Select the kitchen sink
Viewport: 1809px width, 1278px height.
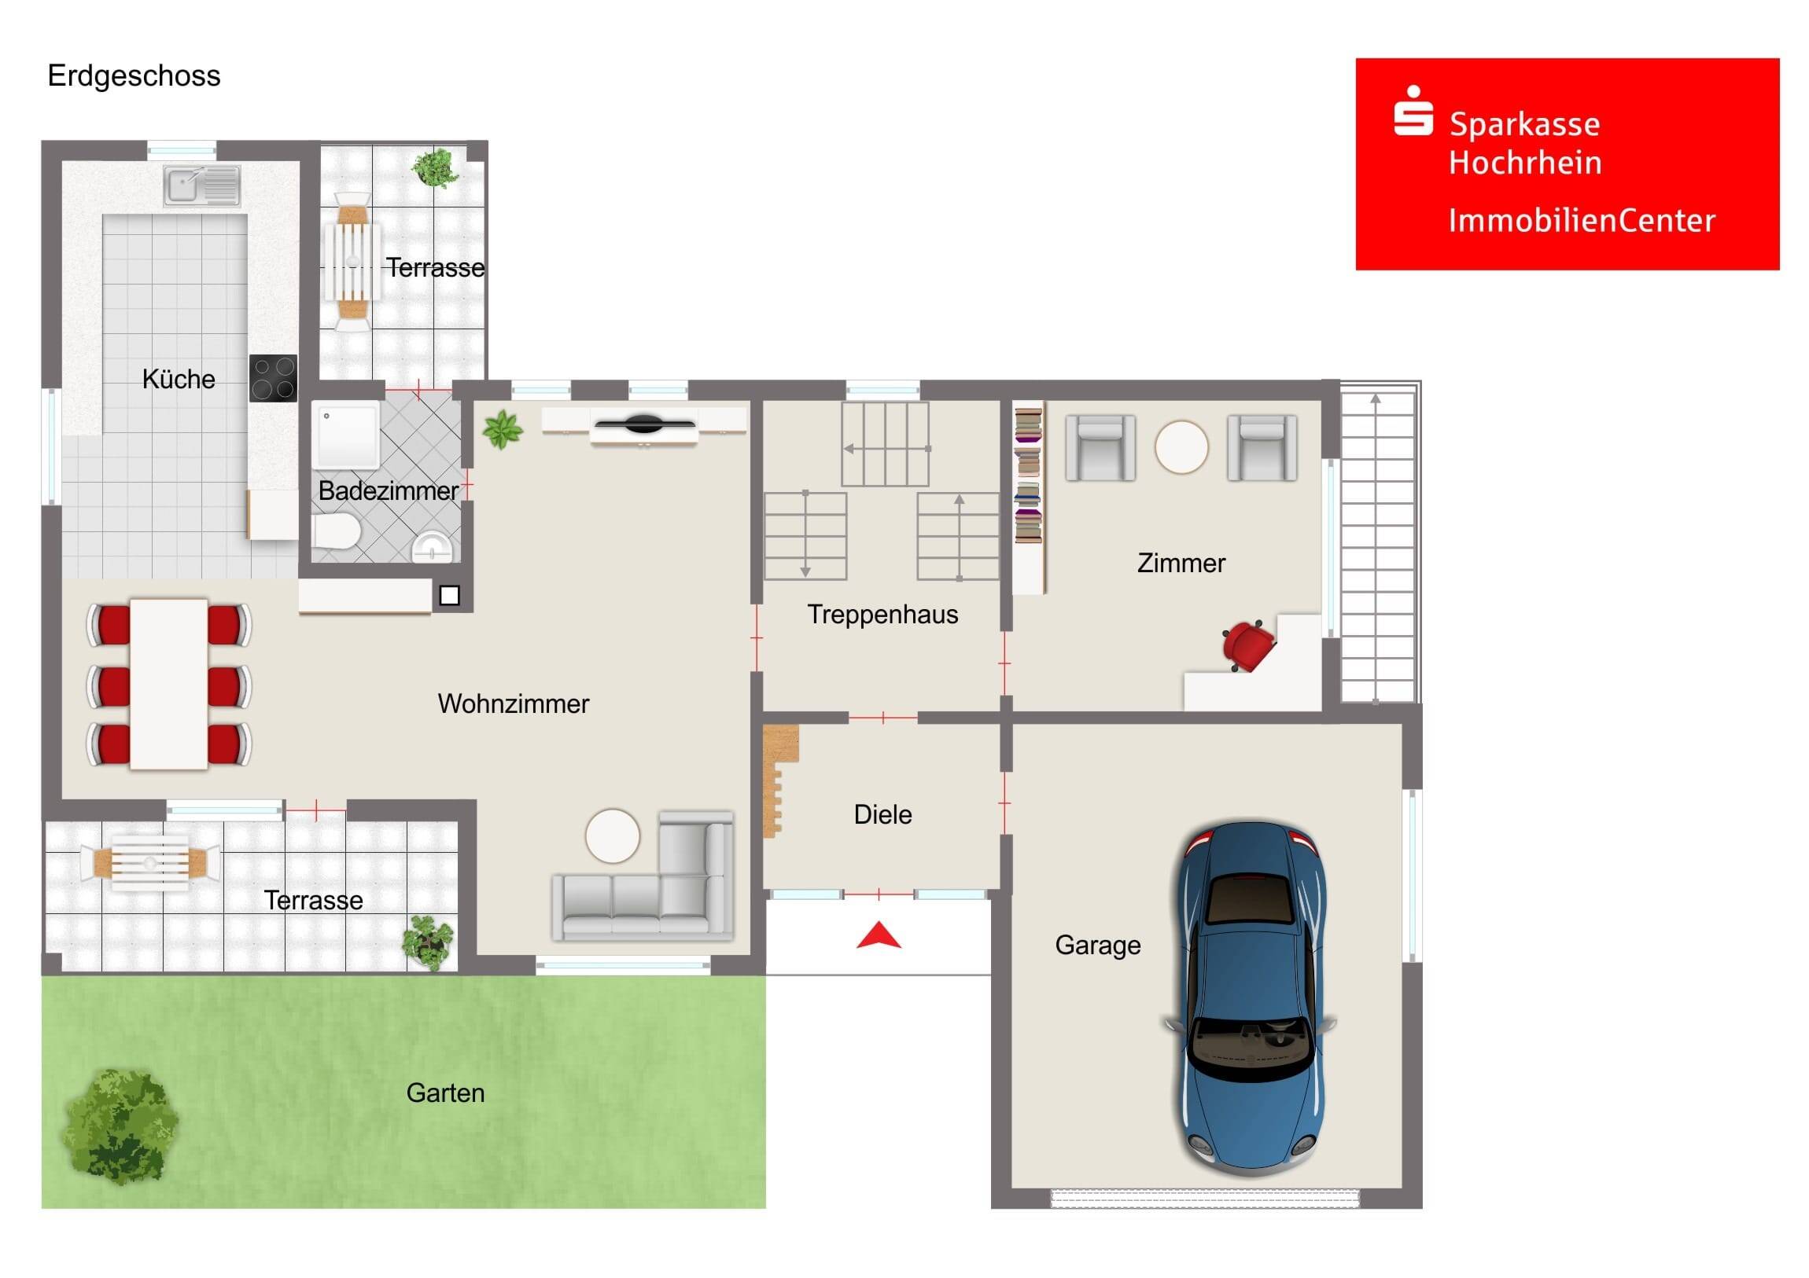[x=201, y=185]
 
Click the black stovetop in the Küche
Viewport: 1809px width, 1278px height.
[x=274, y=379]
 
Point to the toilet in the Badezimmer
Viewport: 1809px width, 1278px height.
[x=337, y=531]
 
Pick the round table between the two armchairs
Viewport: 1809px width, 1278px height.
[x=1181, y=446]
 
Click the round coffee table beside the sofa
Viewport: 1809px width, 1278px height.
[x=612, y=835]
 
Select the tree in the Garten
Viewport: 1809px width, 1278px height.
[x=120, y=1127]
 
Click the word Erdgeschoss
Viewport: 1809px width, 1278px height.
[x=134, y=76]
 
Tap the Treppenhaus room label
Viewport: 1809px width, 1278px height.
[x=882, y=614]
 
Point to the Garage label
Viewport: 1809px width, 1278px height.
[x=1097, y=945]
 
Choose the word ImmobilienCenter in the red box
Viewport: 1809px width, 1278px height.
[x=1581, y=221]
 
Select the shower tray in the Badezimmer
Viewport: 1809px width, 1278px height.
[x=345, y=435]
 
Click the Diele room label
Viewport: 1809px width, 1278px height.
[x=882, y=814]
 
